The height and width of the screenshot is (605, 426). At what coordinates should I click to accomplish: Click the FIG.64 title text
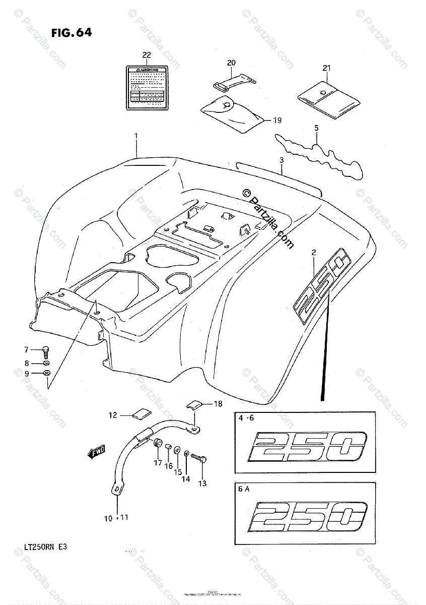tap(71, 33)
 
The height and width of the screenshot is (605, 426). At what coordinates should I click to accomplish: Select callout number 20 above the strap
tap(231, 63)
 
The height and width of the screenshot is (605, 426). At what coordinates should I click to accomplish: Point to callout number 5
tap(316, 128)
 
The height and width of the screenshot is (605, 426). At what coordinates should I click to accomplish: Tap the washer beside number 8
tap(46, 363)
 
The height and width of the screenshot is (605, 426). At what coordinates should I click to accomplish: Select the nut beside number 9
tap(47, 374)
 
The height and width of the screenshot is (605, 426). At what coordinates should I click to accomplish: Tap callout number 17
tap(157, 462)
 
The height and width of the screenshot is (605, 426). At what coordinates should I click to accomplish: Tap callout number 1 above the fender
tap(135, 136)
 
